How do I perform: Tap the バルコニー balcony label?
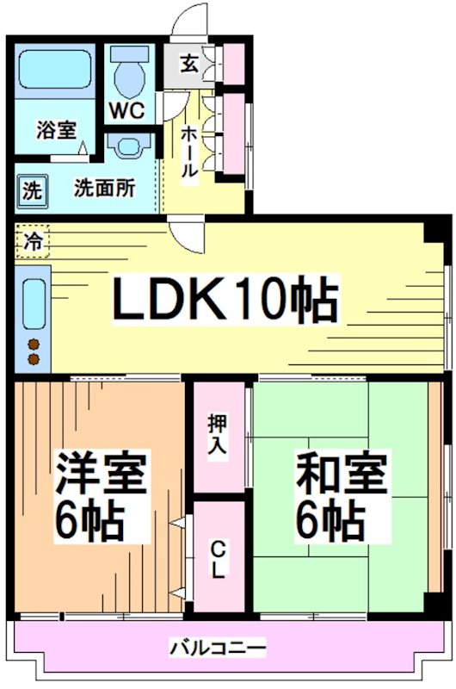pos(217,647)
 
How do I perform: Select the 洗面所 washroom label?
pos(103,188)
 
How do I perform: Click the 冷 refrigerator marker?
pos(33,238)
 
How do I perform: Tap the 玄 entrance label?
pos(188,64)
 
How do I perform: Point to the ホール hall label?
pos(188,151)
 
